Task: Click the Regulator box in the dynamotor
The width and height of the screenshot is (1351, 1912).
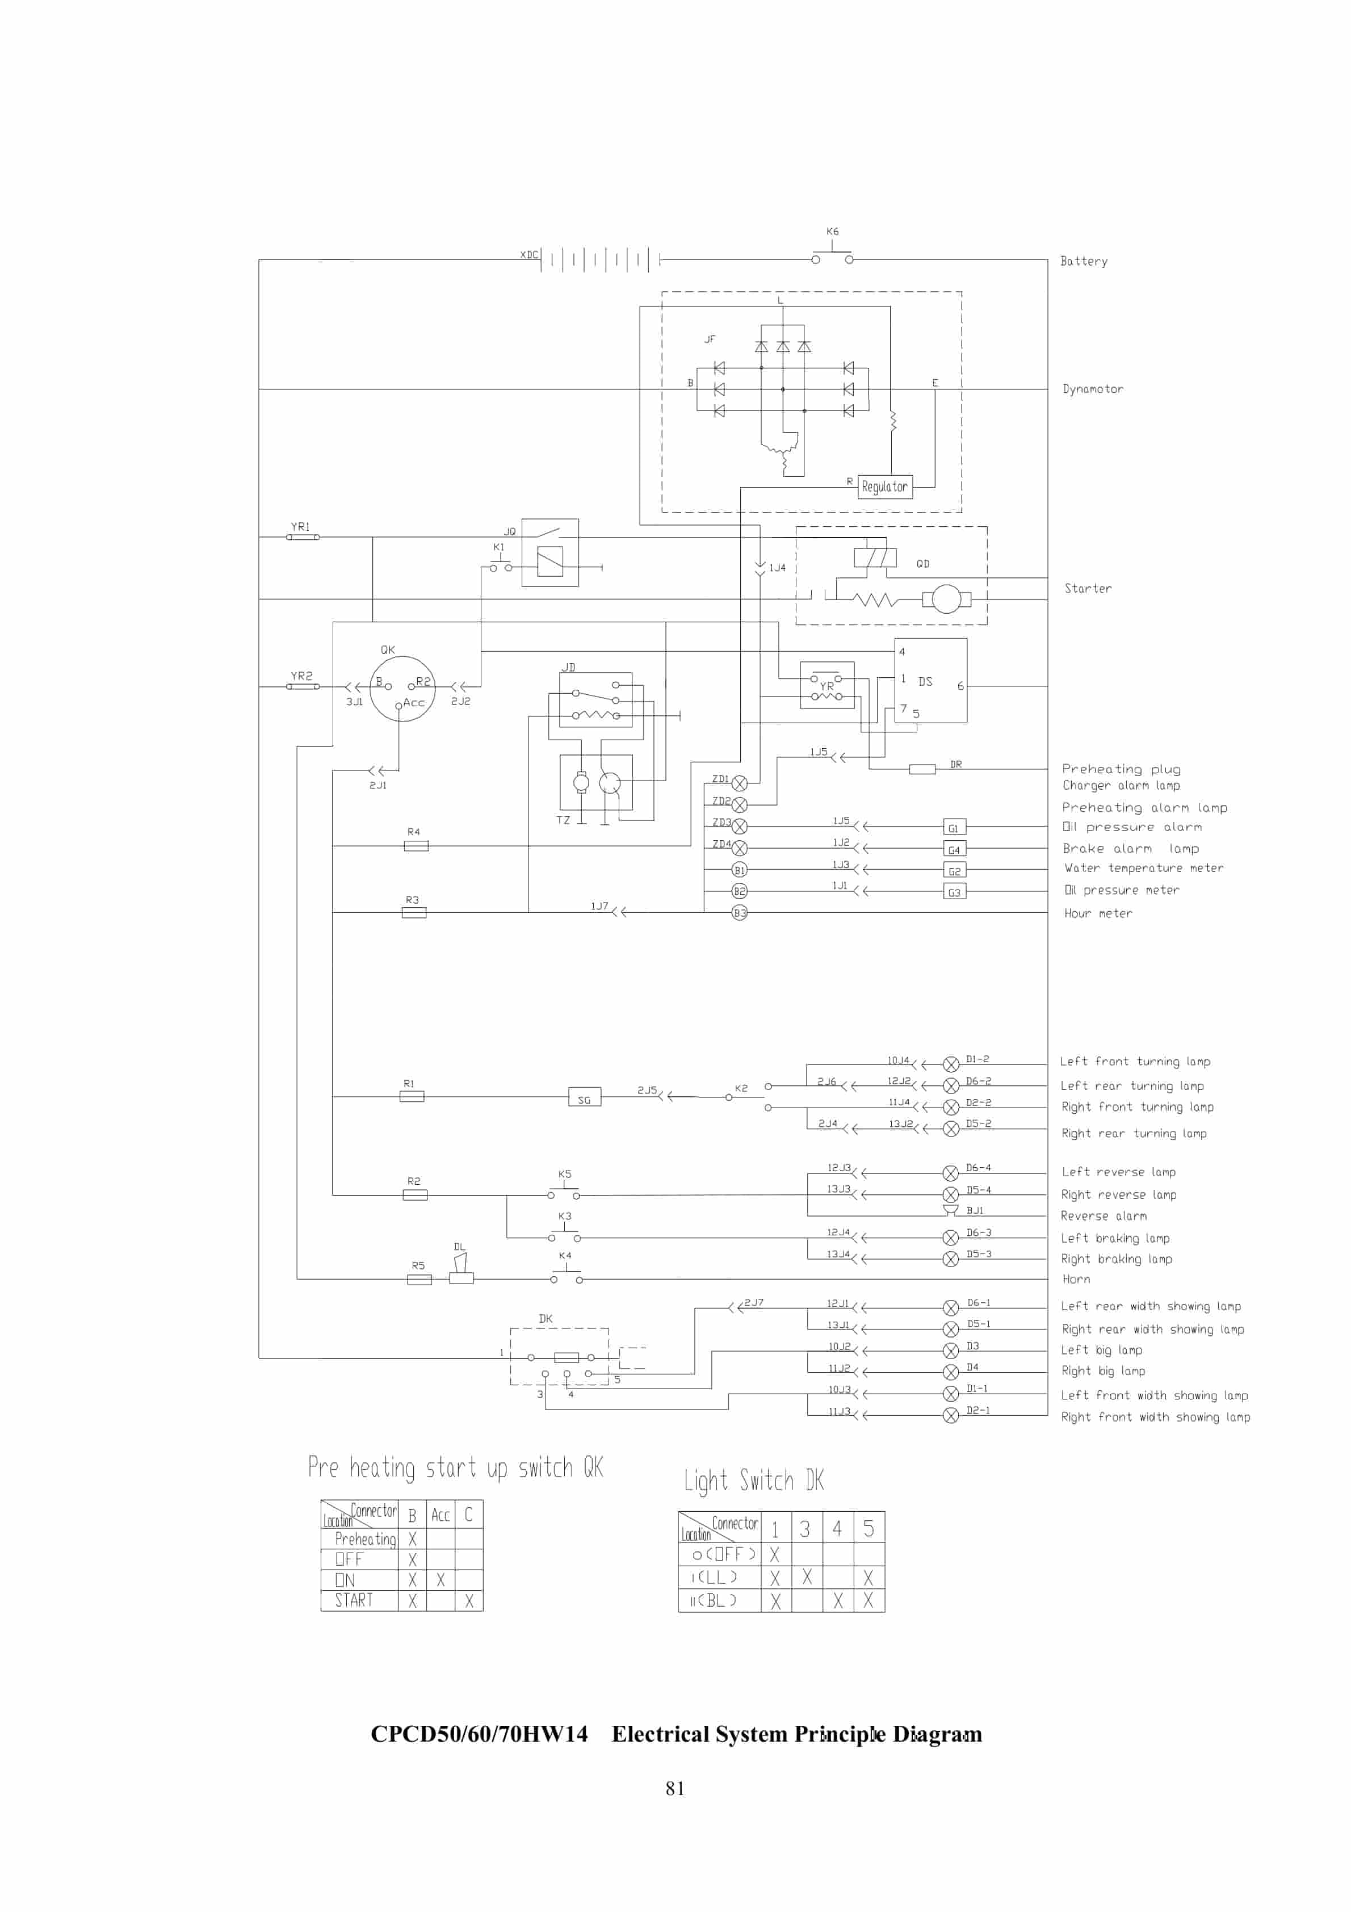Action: (x=884, y=487)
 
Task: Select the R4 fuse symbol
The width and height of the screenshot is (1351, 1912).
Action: (x=416, y=846)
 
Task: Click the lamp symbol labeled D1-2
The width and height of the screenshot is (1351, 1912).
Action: (x=950, y=1063)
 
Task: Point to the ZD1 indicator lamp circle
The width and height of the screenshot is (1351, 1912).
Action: (x=739, y=783)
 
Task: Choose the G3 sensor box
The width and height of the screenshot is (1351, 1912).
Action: (x=954, y=892)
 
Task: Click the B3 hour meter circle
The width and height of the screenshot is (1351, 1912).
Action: (x=739, y=913)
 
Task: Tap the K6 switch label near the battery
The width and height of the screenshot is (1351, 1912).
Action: (x=832, y=232)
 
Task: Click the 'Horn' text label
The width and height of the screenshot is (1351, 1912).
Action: (x=1075, y=1279)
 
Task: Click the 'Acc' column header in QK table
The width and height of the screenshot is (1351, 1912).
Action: (x=440, y=1515)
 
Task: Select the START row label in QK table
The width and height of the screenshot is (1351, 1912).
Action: (x=354, y=1600)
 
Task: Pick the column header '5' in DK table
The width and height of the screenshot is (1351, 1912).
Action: (x=868, y=1528)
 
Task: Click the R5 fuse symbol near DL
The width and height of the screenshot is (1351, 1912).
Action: (x=419, y=1279)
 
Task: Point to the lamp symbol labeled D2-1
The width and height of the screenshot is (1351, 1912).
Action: (x=950, y=1415)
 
